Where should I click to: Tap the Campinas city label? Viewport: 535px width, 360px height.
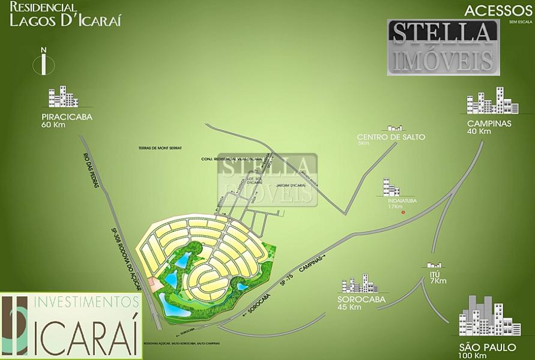click(x=488, y=124)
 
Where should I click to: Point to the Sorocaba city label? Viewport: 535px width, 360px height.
click(x=359, y=299)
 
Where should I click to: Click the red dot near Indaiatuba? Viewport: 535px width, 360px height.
click(x=404, y=213)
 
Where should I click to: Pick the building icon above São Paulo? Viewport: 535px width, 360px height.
click(x=481, y=316)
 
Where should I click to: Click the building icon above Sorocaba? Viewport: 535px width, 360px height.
click(x=359, y=284)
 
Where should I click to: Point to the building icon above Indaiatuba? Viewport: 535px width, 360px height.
click(x=392, y=188)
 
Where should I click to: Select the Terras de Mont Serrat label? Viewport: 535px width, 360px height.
click(x=159, y=148)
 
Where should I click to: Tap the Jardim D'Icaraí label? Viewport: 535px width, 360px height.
click(x=288, y=186)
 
